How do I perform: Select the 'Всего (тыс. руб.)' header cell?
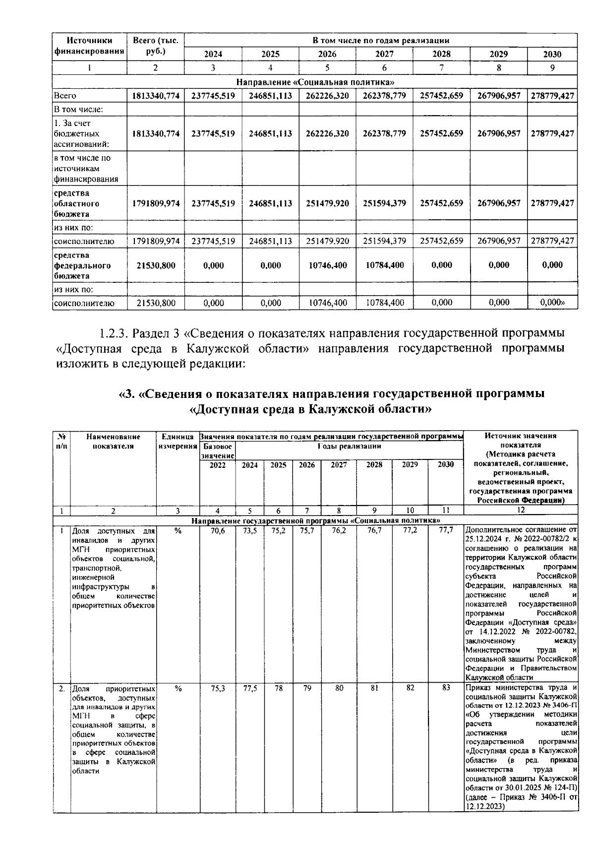point(155,46)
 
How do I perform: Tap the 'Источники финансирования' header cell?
point(89,46)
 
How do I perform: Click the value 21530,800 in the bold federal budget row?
point(156,265)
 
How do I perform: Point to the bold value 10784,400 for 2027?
point(384,265)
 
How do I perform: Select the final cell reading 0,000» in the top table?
point(552,303)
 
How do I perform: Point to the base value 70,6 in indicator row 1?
point(218,530)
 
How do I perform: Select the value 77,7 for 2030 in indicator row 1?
point(446,530)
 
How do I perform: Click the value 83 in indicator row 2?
point(446,688)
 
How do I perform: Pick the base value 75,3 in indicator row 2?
point(218,689)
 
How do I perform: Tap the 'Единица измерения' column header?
point(178,441)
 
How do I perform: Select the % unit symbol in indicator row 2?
point(178,689)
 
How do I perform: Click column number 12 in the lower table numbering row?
point(521,510)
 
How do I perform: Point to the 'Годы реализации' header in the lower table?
point(349,446)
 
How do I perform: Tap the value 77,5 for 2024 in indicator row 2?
point(250,689)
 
